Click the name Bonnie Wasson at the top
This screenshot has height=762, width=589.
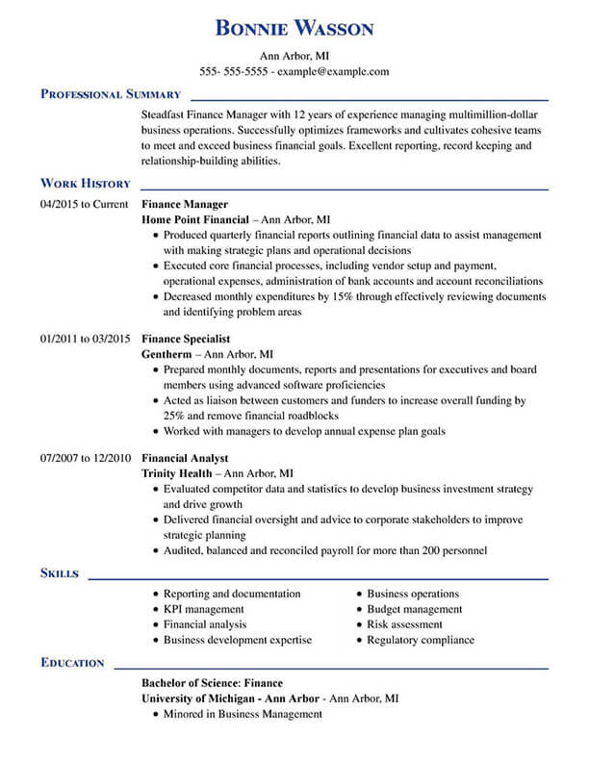coord(294,29)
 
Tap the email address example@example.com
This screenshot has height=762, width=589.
coord(334,71)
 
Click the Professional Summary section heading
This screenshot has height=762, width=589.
coord(111,94)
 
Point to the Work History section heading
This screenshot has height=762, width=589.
coord(85,183)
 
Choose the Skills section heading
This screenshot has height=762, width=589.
coord(60,573)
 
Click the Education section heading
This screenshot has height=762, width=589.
coord(72,662)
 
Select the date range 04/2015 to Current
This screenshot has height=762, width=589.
coord(85,204)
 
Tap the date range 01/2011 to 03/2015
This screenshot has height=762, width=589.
coord(85,339)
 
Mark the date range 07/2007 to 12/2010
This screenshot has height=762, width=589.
coord(85,459)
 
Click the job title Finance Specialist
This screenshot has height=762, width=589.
coord(186,339)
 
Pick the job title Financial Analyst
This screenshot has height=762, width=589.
coord(184,459)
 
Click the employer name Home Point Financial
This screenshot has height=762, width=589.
coord(195,219)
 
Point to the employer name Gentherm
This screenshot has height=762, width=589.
coord(167,354)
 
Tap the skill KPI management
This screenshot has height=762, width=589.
coord(203,609)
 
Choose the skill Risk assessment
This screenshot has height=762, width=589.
coord(405,624)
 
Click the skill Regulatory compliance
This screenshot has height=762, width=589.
coord(421,640)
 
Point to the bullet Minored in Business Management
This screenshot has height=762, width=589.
coord(243,714)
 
